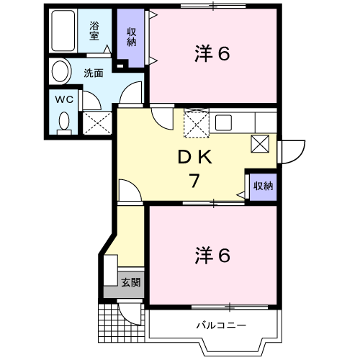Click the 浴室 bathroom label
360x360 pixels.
pyautogui.click(x=94, y=30)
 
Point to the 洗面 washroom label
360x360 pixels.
pyautogui.click(x=94, y=73)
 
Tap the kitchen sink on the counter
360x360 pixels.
pyautogui.click(x=222, y=122)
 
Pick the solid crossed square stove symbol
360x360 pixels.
pyautogui.click(x=261, y=144)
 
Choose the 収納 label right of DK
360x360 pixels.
pyautogui.click(x=263, y=186)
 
